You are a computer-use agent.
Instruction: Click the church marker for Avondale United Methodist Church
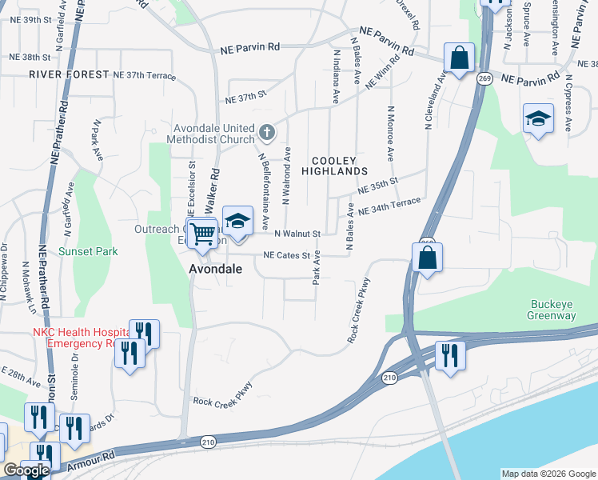tap(266, 130)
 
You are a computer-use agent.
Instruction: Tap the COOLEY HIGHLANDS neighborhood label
tap(334, 166)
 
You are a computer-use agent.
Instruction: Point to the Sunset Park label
tap(88, 251)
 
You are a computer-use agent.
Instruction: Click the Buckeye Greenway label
tap(552, 310)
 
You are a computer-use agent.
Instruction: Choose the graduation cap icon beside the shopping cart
tap(237, 221)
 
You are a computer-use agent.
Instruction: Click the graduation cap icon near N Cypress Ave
tap(538, 119)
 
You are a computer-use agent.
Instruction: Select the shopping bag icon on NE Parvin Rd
tap(459, 58)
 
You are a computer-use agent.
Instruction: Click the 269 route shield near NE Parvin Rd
tap(484, 78)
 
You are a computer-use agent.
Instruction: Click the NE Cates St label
tap(287, 256)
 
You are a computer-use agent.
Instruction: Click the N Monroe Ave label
tap(390, 134)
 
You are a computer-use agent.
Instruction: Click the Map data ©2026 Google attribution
tap(548, 474)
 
